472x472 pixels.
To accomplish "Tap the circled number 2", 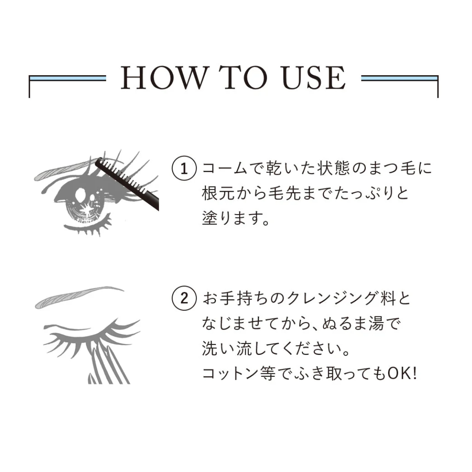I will (x=184, y=299).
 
